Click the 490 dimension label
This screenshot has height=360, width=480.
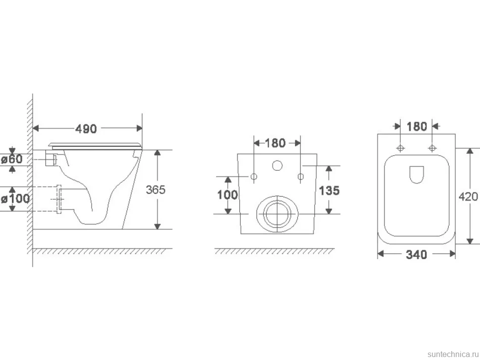pos(86,129)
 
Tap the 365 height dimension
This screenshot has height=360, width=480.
pos(155,189)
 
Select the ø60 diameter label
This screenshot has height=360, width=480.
pos(12,159)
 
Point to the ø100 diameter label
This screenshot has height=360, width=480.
pos(15,199)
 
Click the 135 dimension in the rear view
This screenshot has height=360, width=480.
pos(329,190)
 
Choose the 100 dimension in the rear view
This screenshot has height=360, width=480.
pos(227,194)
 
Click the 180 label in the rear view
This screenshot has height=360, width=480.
pos(275,143)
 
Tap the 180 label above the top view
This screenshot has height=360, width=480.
pos(417,126)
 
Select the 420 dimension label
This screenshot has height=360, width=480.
pos(468,197)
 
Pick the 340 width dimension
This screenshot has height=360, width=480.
pos(416,254)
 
